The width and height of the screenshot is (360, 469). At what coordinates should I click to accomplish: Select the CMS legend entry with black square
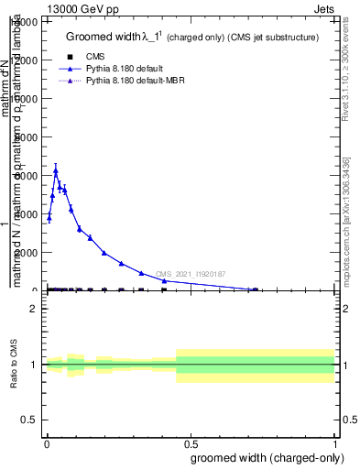tap(96, 57)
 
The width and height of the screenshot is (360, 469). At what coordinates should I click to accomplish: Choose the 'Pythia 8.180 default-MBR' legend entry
tap(134, 81)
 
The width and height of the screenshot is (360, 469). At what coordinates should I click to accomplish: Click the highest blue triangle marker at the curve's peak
tap(56, 171)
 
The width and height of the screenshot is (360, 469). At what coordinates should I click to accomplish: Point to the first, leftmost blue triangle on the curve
tap(49, 216)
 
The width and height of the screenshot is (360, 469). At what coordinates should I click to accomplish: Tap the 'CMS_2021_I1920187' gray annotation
tap(190, 274)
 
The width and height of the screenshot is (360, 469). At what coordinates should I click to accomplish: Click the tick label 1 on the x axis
tap(336, 442)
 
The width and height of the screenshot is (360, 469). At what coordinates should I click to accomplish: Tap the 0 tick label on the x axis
tap(46, 442)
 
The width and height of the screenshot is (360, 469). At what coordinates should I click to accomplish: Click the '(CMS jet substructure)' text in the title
tap(266, 38)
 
